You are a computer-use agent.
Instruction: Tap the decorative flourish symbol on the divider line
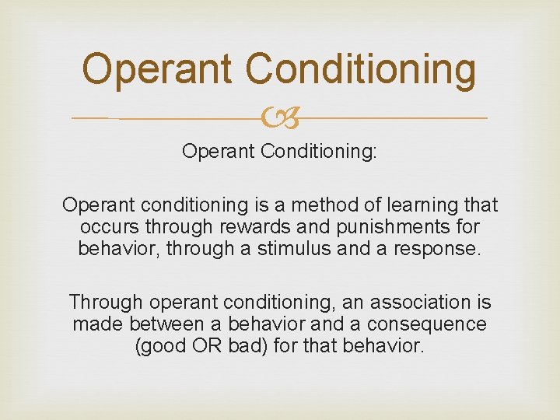pos(280,118)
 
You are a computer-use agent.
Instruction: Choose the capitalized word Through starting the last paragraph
pos(107,302)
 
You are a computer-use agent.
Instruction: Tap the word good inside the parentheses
pos(164,345)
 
